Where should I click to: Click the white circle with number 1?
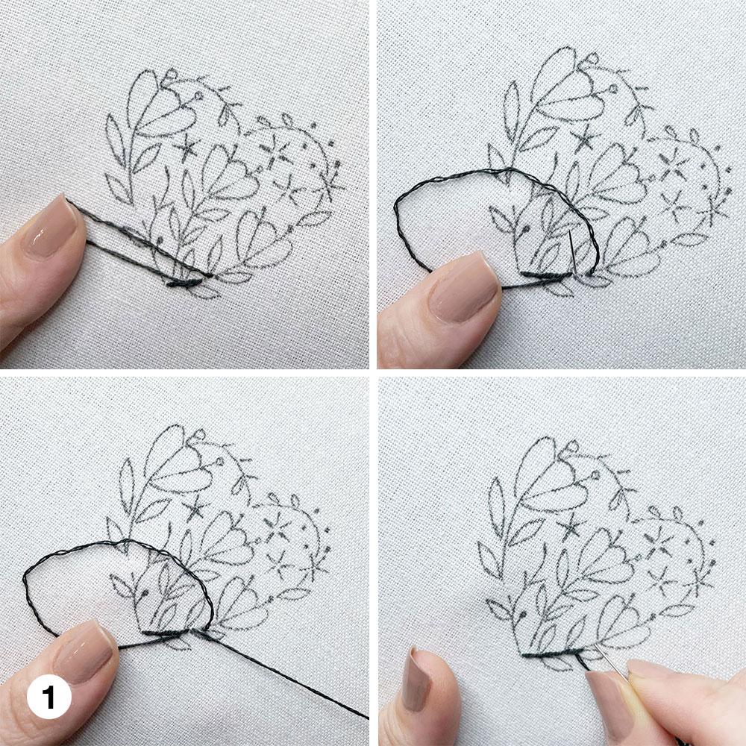[x=49, y=698]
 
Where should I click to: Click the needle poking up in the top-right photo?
[x=572, y=252]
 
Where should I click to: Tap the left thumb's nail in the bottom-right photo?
[x=416, y=680]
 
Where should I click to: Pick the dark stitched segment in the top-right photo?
[x=546, y=275]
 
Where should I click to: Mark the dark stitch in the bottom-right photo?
[x=552, y=653]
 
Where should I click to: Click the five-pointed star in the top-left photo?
[x=186, y=148]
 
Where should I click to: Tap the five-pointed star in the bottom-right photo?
[x=570, y=526]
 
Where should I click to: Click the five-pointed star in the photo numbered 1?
[x=195, y=509]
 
